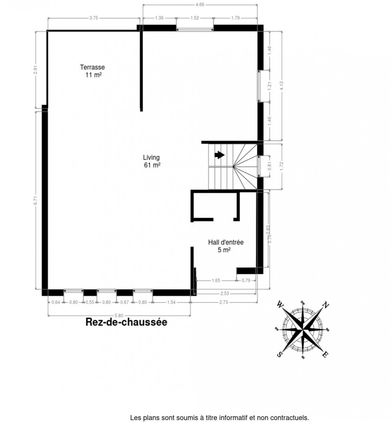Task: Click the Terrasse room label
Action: (92, 67)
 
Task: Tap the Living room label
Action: (151, 158)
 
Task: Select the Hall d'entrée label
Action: (226, 242)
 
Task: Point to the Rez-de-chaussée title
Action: (126, 322)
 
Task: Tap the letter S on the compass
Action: (280, 354)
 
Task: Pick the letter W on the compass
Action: (280, 304)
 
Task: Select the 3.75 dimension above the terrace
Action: (93, 18)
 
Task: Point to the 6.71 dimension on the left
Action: (35, 200)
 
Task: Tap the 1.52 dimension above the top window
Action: (195, 18)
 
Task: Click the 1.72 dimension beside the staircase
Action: (281, 166)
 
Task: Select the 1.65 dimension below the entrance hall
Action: (216, 281)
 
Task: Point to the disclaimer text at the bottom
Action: (220, 418)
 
